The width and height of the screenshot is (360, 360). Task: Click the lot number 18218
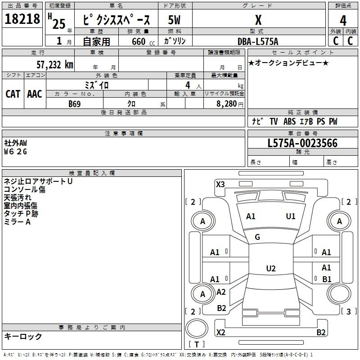[x=22, y=19]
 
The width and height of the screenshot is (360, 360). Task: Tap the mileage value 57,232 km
[x=55, y=65]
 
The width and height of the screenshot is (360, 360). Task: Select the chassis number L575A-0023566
[x=302, y=143]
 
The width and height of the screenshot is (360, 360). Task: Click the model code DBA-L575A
[x=258, y=41]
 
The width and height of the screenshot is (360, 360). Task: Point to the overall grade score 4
[x=343, y=20]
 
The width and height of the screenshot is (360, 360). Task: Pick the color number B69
[x=75, y=104]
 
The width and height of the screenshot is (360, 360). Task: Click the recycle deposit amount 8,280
[x=227, y=104]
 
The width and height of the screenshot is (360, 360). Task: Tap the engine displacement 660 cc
[x=143, y=41]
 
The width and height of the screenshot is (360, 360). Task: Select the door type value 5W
[x=174, y=20]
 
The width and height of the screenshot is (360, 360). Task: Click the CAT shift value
[x=13, y=94]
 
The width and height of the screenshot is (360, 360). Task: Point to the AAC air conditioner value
[x=35, y=94]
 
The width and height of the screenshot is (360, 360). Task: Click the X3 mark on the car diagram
[x=220, y=184]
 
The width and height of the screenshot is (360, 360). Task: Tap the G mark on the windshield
[x=257, y=237]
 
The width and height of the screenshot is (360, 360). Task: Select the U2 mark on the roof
[x=271, y=268]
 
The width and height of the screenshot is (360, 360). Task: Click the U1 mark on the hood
[x=291, y=216]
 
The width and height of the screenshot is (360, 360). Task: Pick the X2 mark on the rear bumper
[x=220, y=332]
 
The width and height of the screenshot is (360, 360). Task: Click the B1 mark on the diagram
[x=327, y=279]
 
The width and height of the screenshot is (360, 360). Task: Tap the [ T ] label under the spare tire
[x=197, y=344]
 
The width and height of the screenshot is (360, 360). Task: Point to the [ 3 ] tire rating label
[x=349, y=311]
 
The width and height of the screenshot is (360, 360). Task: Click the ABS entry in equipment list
[x=289, y=121]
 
